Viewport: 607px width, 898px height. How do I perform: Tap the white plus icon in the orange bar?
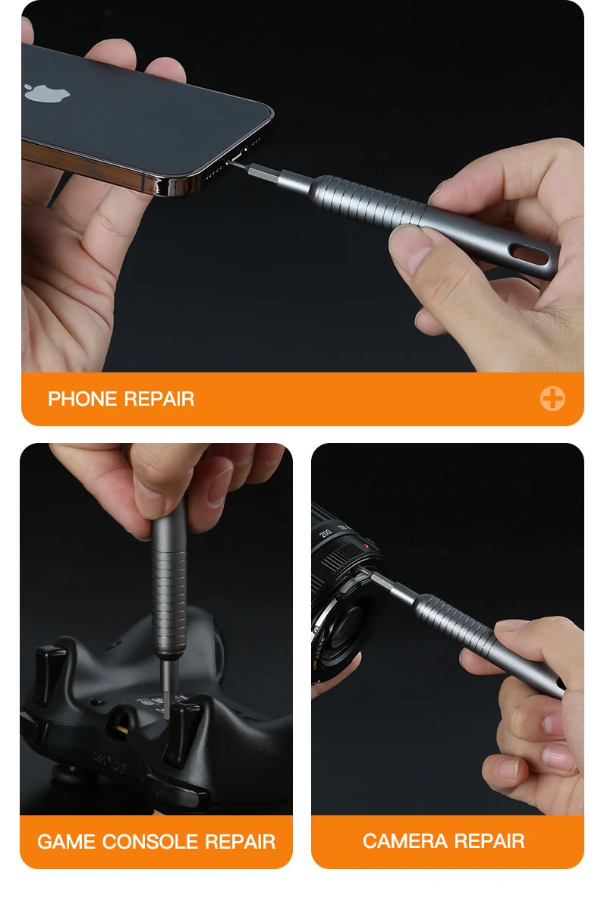(552, 399)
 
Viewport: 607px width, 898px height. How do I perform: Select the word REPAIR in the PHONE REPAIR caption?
(159, 399)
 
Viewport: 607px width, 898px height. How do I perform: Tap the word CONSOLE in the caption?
(150, 841)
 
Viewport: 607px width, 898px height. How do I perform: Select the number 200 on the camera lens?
(326, 532)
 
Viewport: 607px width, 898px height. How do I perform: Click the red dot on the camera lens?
(366, 546)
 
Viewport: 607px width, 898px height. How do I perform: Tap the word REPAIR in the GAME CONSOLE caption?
(241, 841)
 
